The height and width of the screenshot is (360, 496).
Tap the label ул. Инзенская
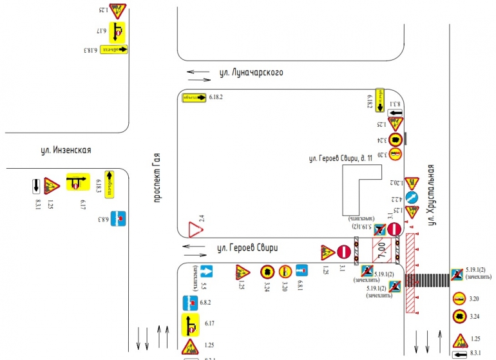[66, 150]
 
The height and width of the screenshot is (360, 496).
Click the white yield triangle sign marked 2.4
[192, 230]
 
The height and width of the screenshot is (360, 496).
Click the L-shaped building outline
[358, 190]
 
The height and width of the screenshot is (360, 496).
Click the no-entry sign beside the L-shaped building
[395, 229]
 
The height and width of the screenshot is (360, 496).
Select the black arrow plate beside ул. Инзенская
[36, 186]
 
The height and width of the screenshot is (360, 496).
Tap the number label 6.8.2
[206, 301]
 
